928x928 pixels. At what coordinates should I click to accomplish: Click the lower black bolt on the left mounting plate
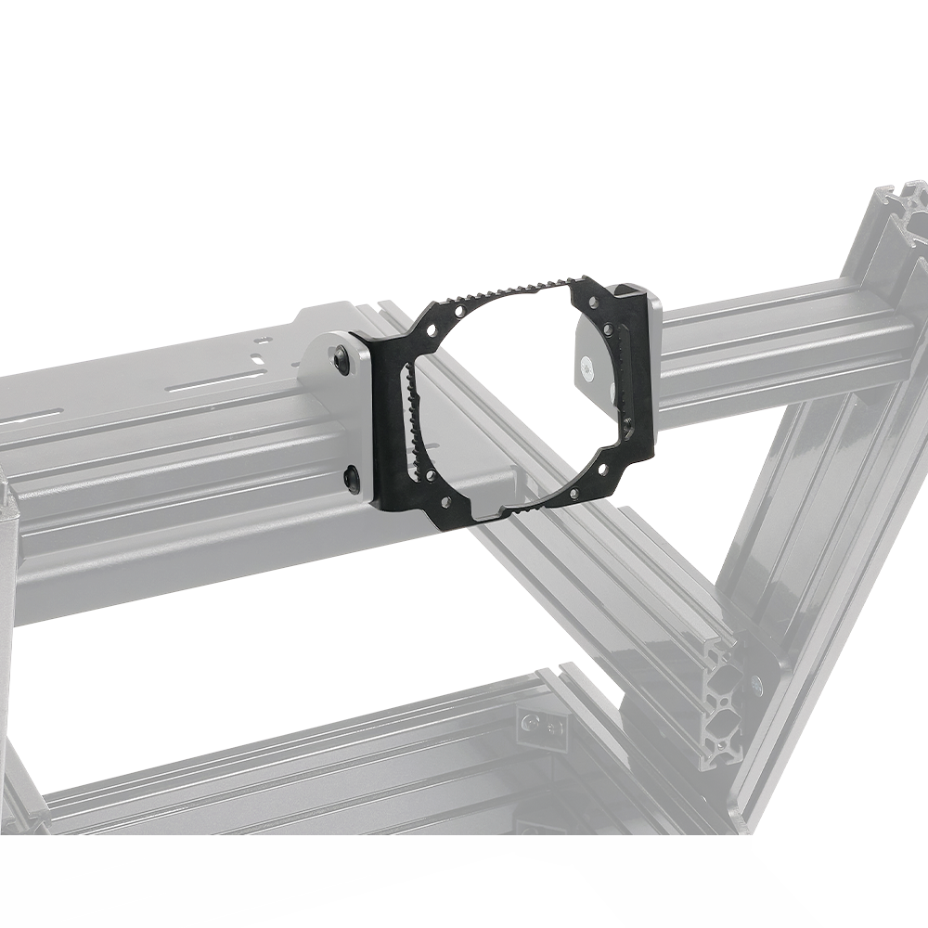pos(353,479)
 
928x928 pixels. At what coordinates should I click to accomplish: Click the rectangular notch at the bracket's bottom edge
pos(490,512)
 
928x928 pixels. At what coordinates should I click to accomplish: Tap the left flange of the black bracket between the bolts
pos(382,418)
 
